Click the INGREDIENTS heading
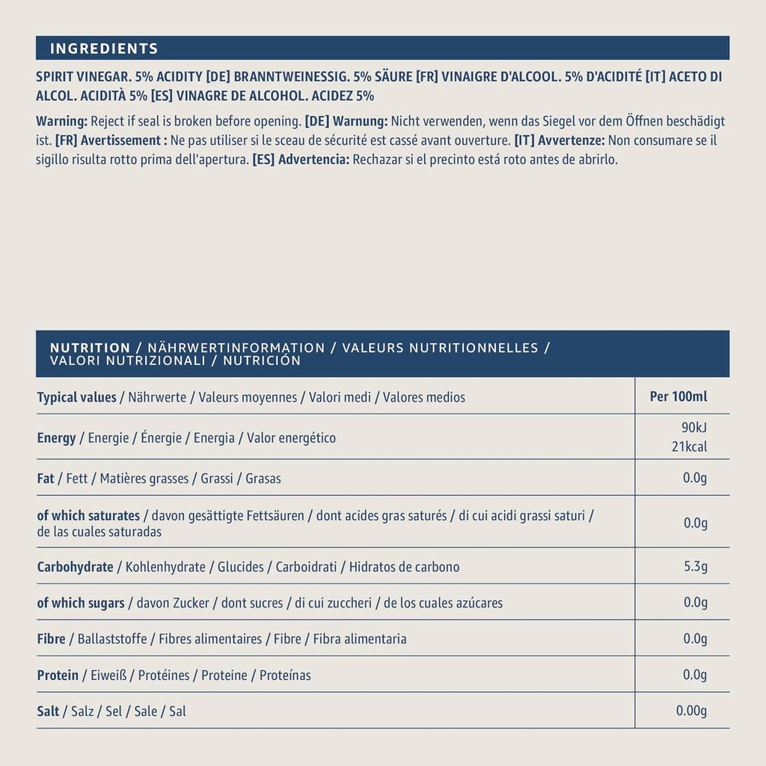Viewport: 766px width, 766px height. [x=104, y=49]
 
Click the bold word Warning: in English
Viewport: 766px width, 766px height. [x=62, y=121]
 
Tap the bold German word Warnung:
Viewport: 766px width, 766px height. [x=360, y=121]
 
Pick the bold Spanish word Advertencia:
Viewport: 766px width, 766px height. [x=313, y=160]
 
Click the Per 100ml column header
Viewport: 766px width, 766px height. [x=678, y=396]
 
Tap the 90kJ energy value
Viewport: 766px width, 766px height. [x=693, y=428]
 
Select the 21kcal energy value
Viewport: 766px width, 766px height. [x=689, y=447]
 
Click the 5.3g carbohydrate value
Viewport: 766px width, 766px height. [x=696, y=566]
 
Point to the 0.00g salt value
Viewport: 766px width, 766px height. [x=691, y=711]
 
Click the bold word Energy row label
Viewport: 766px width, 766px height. [x=56, y=438]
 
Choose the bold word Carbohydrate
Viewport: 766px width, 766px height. [x=75, y=567]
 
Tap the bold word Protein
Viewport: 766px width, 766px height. [x=58, y=675]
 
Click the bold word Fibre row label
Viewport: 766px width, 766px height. [x=51, y=639]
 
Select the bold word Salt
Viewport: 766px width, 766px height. [x=48, y=711]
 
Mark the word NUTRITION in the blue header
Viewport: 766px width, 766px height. [x=90, y=348]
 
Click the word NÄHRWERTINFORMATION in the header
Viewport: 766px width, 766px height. [x=236, y=348]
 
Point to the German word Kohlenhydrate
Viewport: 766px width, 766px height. [x=165, y=567]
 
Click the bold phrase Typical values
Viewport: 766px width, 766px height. [x=76, y=397]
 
